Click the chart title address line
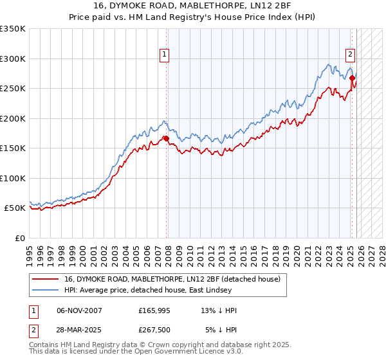coord(193,6)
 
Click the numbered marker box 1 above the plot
coord(165,55)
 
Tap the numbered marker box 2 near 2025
coord(351,55)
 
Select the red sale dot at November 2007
coord(166,138)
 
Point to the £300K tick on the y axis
coord(12,59)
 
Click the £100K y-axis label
coord(12,178)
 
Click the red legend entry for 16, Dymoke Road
coord(172,280)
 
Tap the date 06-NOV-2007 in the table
coord(79,310)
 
